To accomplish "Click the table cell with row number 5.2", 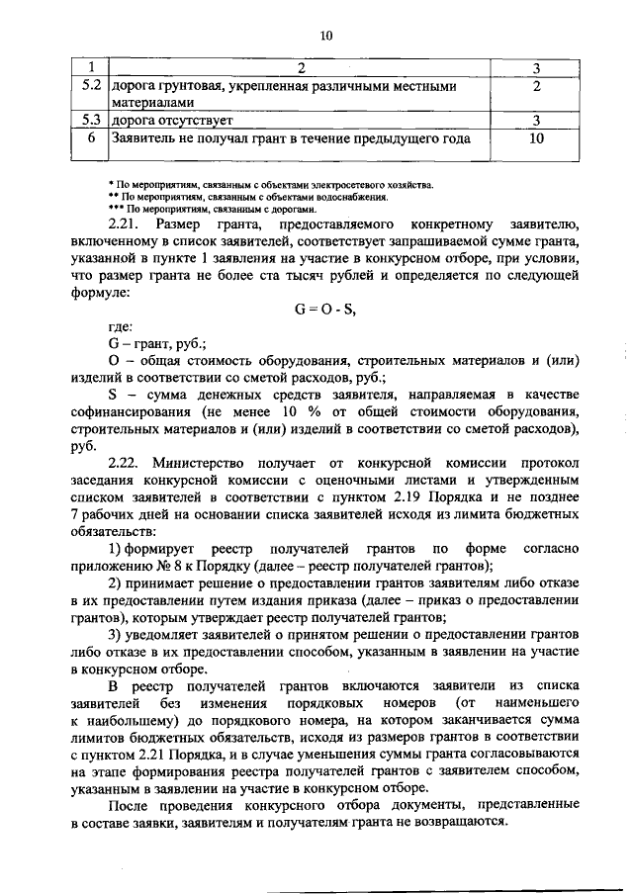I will click(x=92, y=87).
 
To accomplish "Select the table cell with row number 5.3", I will click(x=92, y=121).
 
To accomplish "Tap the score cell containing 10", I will click(x=536, y=138).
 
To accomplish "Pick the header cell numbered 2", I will click(x=302, y=68).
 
